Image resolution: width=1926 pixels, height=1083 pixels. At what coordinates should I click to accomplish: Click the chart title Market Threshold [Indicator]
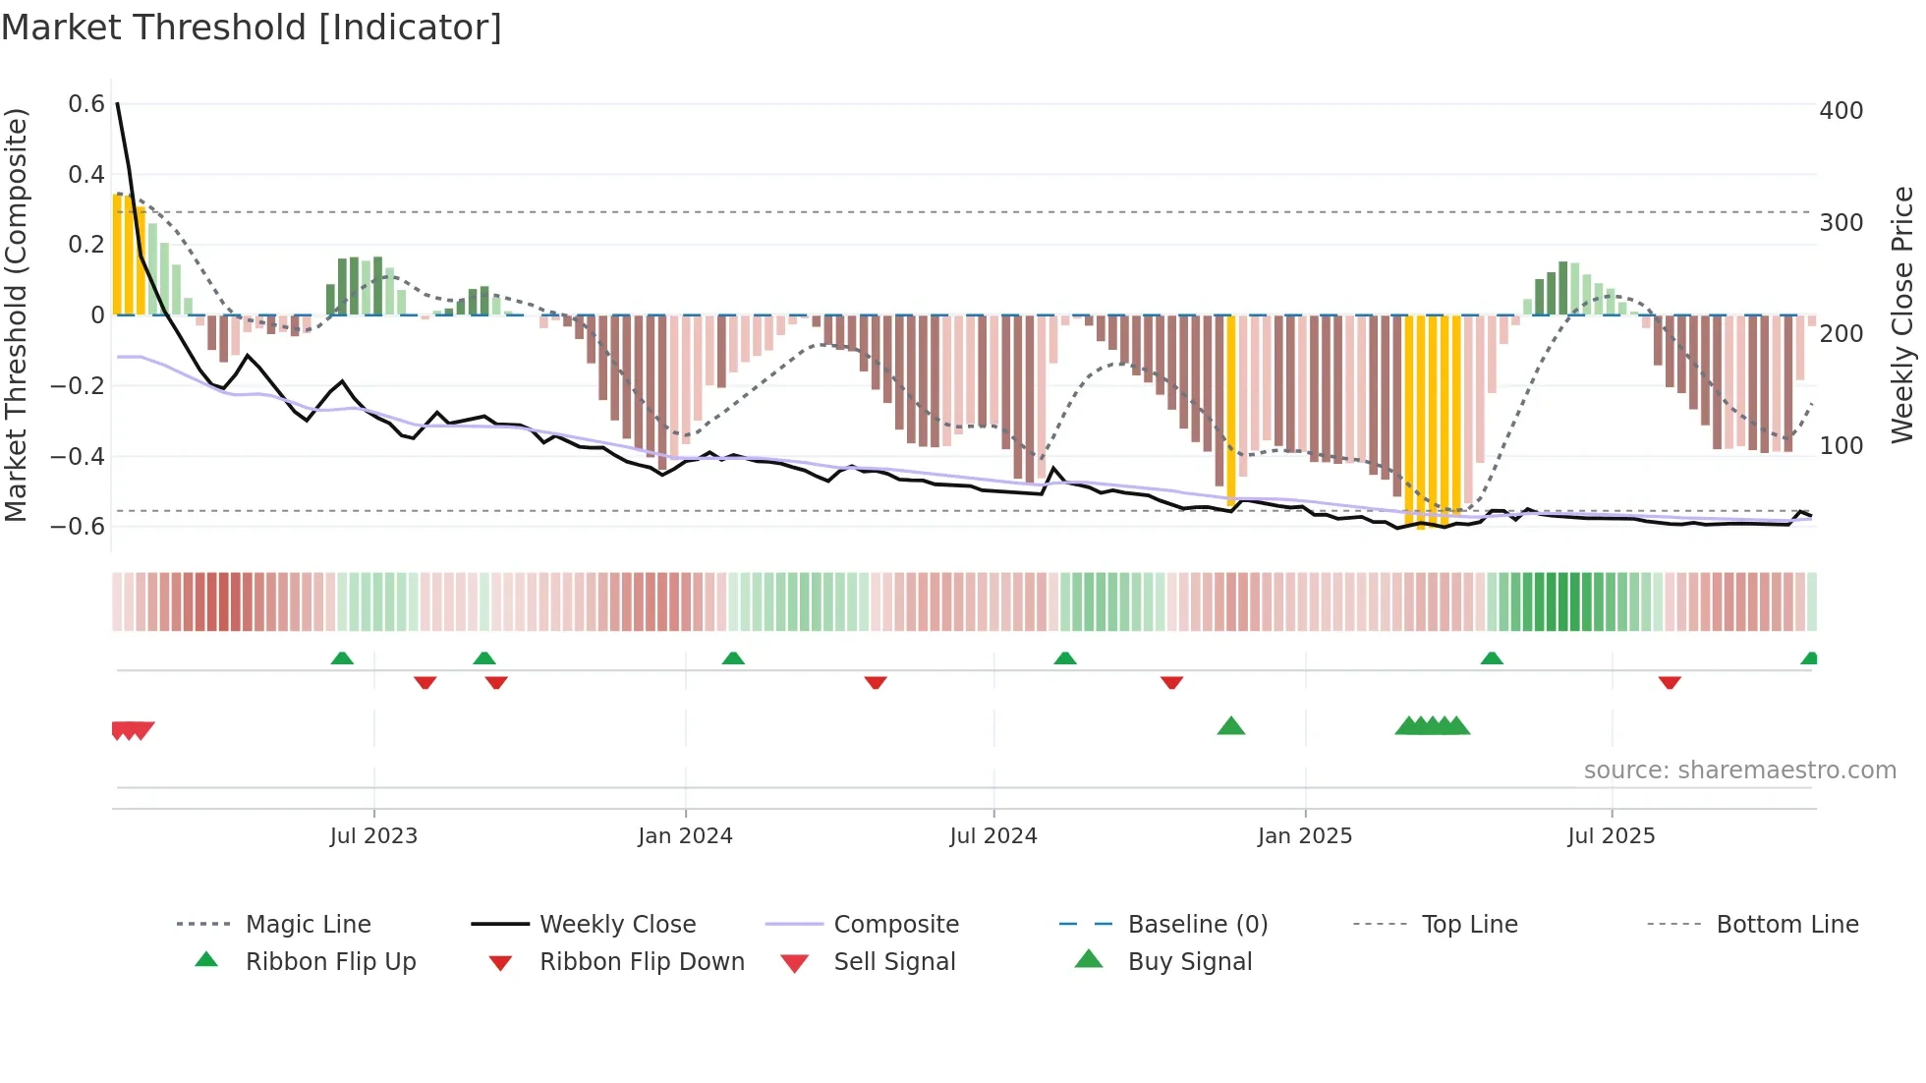click(252, 28)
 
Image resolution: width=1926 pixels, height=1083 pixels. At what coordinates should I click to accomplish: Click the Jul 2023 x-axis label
click(373, 836)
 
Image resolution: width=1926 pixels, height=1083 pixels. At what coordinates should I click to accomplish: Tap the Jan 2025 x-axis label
click(1305, 836)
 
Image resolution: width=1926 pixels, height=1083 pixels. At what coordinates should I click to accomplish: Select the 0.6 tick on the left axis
click(86, 104)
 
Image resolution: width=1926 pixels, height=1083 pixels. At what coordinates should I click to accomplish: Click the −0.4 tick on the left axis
click(78, 456)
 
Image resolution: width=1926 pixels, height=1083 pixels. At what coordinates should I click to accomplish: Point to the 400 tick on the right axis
click(1841, 111)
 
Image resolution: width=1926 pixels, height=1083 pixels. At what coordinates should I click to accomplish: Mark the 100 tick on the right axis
click(1841, 446)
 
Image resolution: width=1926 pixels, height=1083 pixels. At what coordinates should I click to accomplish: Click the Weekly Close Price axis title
click(1902, 314)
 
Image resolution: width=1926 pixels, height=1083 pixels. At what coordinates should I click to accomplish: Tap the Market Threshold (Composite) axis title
click(16, 314)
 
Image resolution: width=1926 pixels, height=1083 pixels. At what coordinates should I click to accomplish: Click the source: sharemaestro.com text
click(1739, 770)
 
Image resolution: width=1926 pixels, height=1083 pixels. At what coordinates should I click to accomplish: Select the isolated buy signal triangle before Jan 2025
click(1230, 726)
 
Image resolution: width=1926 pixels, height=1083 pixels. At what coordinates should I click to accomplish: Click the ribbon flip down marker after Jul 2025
click(1670, 682)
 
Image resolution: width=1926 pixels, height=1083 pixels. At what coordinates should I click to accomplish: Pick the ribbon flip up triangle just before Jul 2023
click(342, 657)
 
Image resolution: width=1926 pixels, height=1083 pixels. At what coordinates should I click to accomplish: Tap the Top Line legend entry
click(1469, 924)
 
